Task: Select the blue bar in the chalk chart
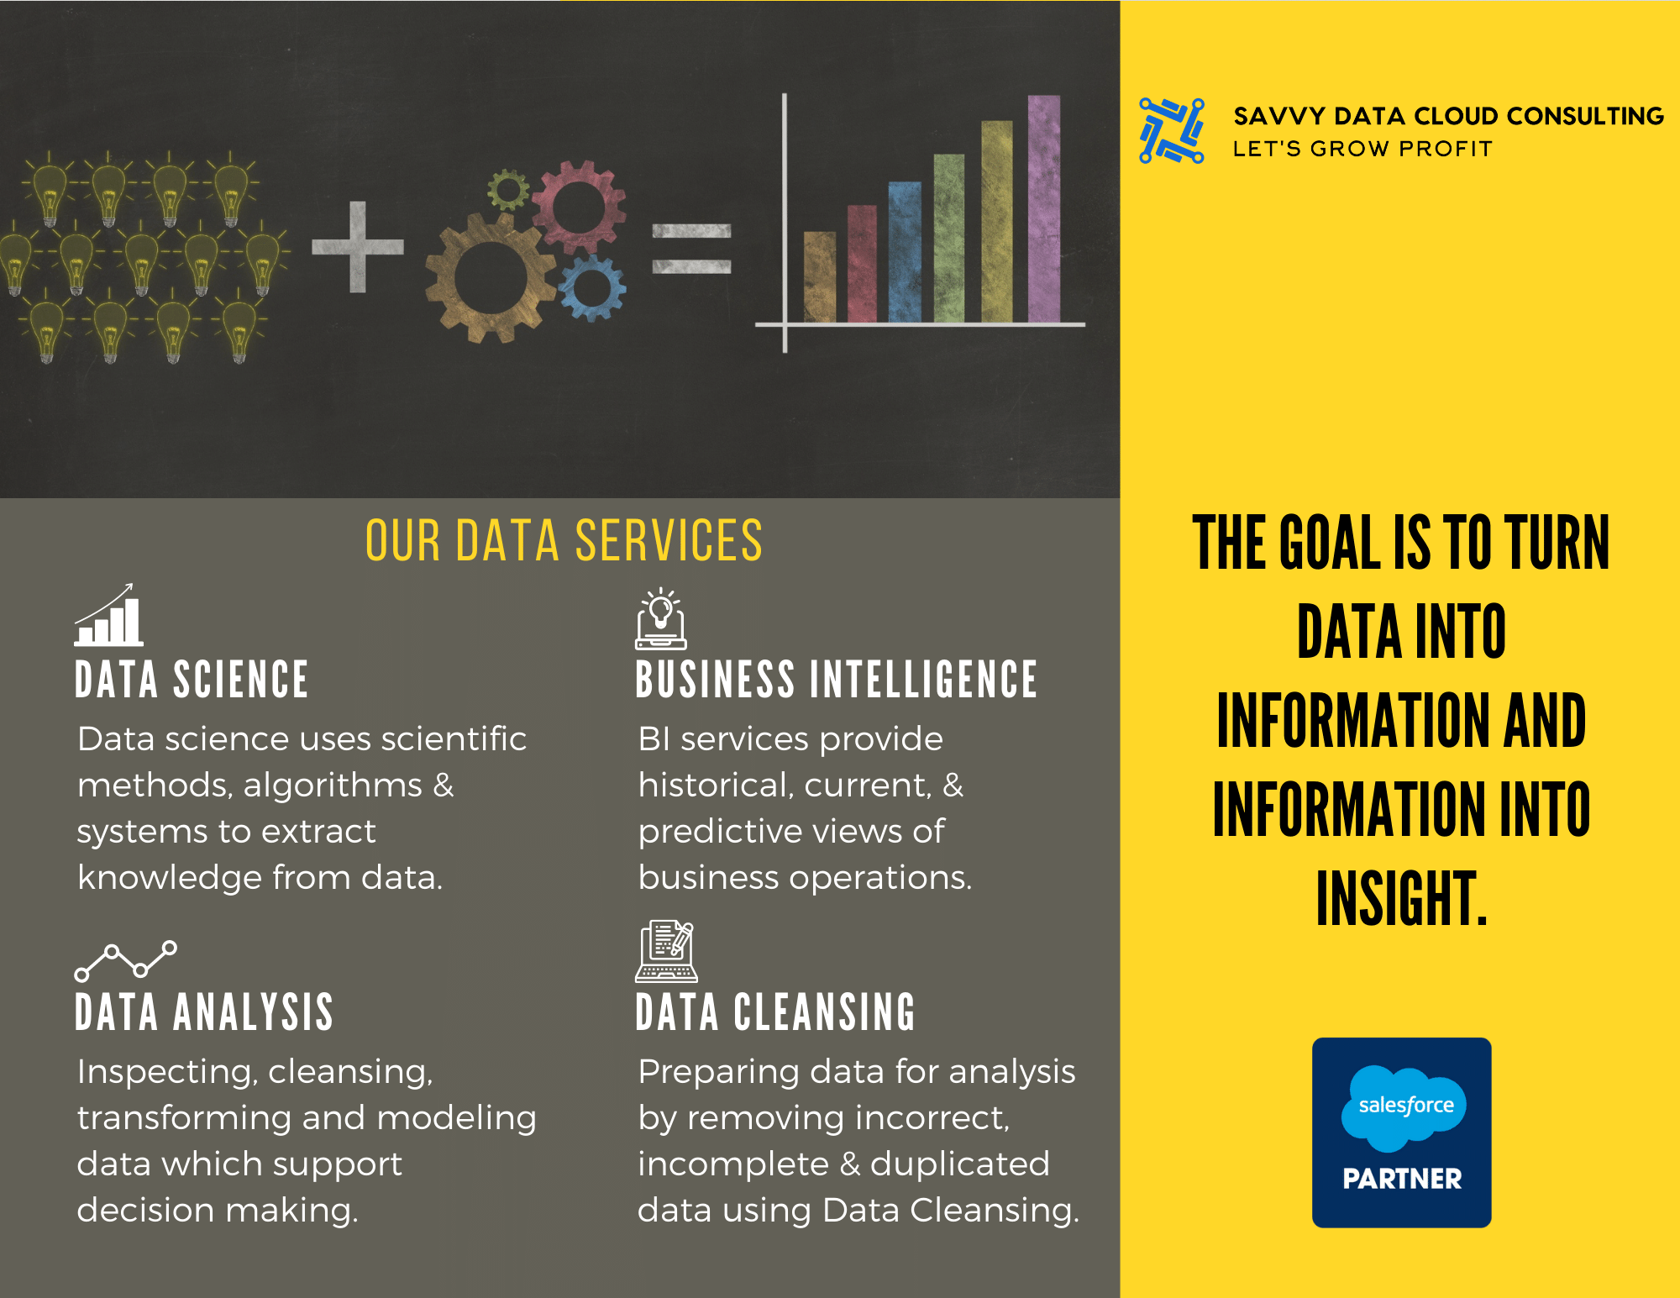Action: (905, 252)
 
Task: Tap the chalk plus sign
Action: (358, 247)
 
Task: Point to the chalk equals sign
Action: (691, 249)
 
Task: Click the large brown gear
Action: (491, 277)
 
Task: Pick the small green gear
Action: (508, 189)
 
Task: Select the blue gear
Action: (593, 288)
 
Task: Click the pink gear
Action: (579, 207)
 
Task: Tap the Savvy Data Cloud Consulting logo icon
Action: (1171, 131)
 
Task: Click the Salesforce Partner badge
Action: (1401, 1132)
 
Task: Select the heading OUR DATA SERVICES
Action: (564, 540)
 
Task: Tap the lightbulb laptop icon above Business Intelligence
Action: (660, 619)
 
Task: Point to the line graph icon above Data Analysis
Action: (126, 960)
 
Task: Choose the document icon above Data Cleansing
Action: (666, 952)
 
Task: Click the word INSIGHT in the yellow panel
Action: (1401, 899)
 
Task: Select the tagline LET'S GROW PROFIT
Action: (1362, 149)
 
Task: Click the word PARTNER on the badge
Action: (1402, 1179)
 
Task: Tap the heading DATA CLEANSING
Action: (774, 1012)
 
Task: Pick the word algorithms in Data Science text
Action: (333, 786)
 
